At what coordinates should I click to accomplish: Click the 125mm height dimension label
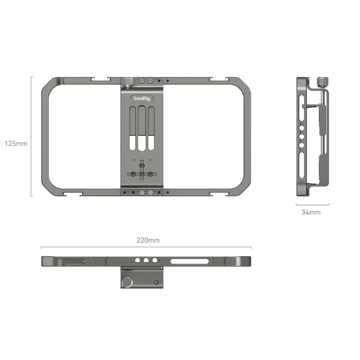(x=16, y=144)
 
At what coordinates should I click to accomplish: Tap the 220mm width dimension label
(x=148, y=240)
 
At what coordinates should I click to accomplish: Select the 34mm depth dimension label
(x=311, y=212)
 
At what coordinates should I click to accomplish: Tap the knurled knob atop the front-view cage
(x=127, y=81)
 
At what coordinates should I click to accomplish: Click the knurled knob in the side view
(x=322, y=81)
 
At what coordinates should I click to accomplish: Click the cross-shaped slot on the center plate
(x=142, y=174)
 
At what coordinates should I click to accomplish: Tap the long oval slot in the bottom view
(x=189, y=261)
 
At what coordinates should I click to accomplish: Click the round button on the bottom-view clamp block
(x=128, y=283)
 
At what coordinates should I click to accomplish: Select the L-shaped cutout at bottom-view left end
(x=72, y=261)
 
